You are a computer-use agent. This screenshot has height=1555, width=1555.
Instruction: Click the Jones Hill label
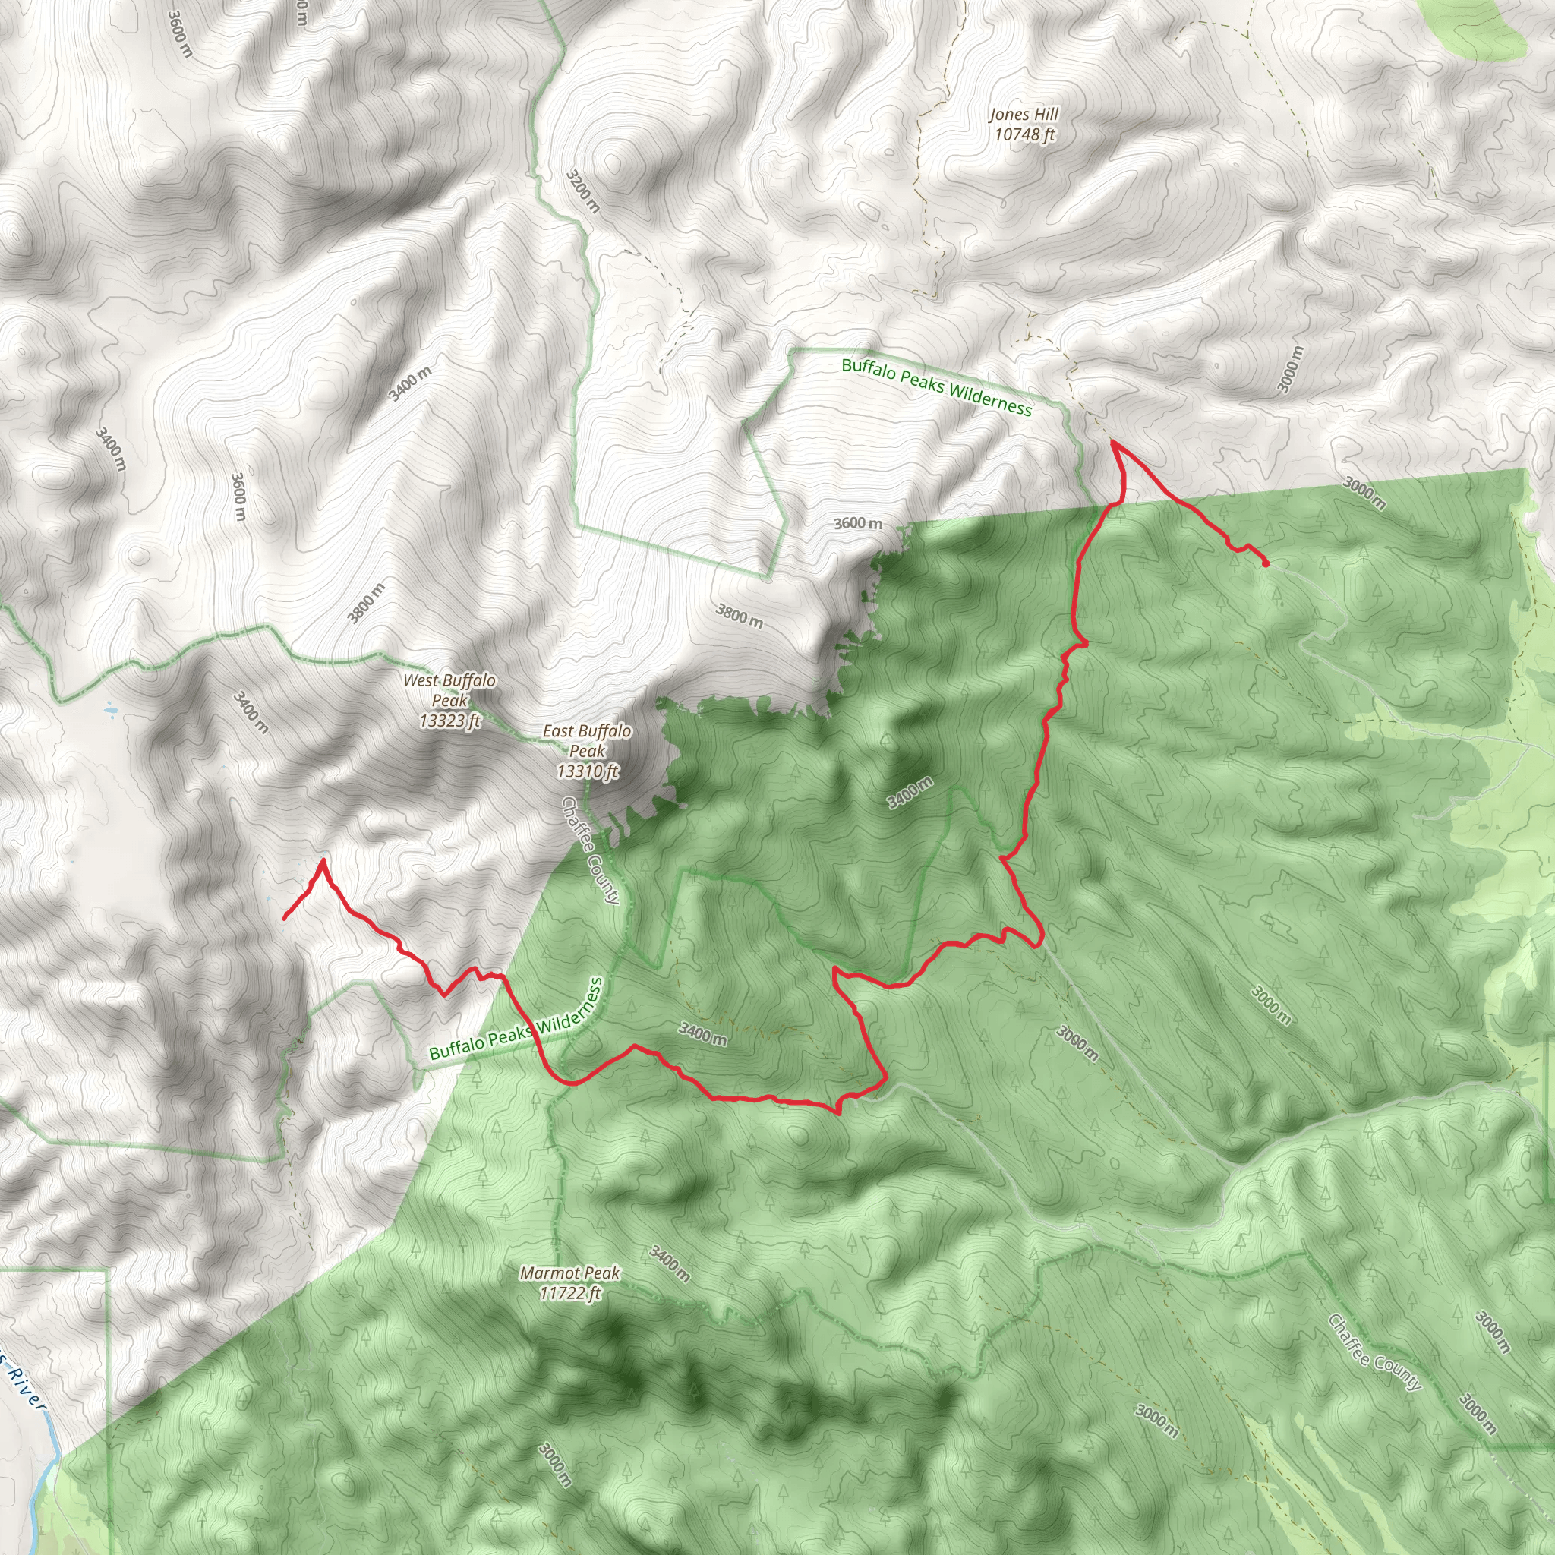[x=1024, y=115]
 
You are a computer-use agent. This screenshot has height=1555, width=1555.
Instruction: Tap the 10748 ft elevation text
[x=1024, y=134]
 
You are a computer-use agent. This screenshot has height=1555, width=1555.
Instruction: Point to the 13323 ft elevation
[x=449, y=721]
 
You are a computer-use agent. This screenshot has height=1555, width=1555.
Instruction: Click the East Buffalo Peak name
[x=587, y=740]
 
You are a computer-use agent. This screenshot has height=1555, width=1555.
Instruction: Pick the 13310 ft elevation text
[x=587, y=771]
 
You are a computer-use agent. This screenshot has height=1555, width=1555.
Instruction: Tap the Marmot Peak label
[x=570, y=1273]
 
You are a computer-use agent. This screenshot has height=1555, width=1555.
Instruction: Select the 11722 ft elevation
[x=570, y=1292]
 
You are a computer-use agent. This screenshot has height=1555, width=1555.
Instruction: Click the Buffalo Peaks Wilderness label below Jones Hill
[x=936, y=387]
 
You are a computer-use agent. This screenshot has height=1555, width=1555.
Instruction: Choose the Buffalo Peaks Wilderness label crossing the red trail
[x=515, y=1020]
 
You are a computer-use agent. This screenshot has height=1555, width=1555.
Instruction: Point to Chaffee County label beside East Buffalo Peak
[x=590, y=850]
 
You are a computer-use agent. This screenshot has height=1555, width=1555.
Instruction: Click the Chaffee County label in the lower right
[x=1374, y=1352]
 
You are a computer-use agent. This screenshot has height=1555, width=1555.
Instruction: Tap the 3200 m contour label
[x=582, y=191]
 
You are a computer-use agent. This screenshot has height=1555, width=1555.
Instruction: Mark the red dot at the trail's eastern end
[x=1266, y=564]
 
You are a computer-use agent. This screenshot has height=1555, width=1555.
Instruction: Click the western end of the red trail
[x=285, y=917]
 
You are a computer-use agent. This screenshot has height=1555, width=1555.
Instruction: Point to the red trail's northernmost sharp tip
[x=1113, y=442]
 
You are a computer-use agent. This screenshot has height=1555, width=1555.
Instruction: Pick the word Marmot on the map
[x=546, y=1273]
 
